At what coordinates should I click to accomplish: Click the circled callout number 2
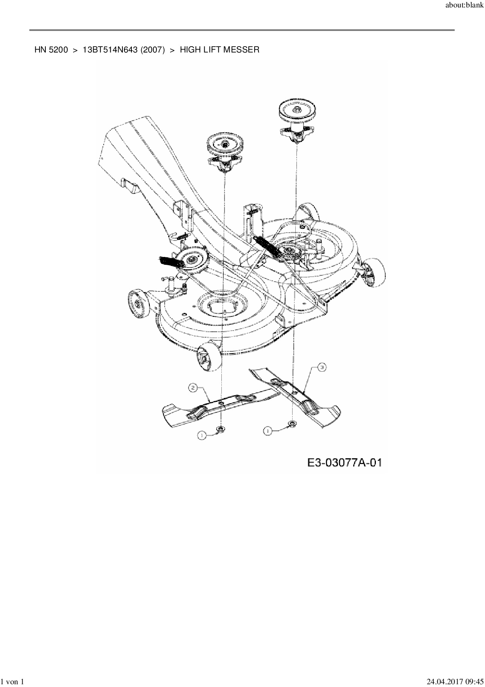coord(192,388)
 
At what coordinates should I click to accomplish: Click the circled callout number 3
coord(321,367)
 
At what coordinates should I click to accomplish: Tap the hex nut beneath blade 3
coord(292,423)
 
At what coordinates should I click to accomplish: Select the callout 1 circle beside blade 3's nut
coord(268,431)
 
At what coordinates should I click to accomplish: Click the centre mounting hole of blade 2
coord(221,403)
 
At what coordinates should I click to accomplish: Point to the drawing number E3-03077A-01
coord(344,463)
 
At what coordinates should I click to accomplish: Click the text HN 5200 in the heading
coord(51,50)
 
